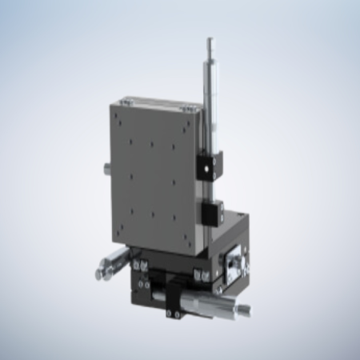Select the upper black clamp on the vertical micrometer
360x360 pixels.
(210, 166)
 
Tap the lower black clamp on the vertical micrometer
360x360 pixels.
(213, 212)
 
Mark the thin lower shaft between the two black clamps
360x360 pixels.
(212, 190)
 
